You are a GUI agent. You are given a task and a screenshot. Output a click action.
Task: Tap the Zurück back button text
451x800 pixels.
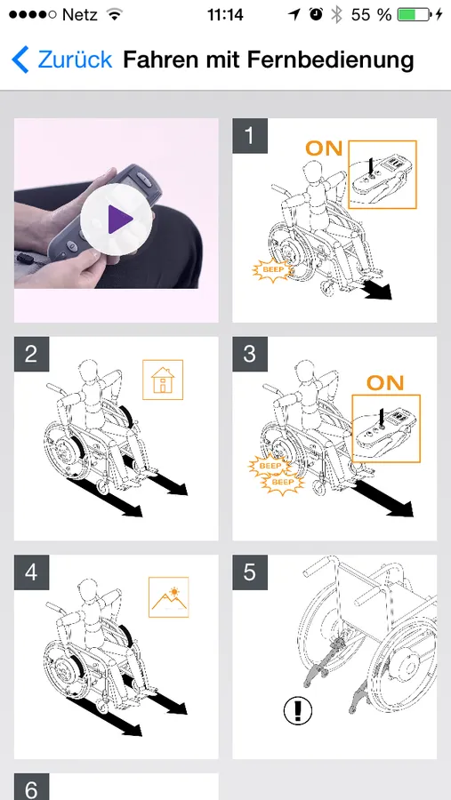75,60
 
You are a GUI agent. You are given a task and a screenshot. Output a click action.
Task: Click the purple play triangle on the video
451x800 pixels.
119,220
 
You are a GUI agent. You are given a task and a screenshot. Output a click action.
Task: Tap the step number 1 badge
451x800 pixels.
250,136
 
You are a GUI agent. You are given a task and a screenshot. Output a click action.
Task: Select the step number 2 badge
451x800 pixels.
31,354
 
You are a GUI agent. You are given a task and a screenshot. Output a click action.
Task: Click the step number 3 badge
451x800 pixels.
250,354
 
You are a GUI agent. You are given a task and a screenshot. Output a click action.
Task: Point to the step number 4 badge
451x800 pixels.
31,572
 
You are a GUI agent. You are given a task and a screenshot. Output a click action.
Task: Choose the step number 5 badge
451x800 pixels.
250,572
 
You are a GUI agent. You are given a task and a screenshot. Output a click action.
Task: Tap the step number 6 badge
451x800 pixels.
31,787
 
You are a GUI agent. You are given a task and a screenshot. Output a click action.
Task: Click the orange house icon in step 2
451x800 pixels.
163,380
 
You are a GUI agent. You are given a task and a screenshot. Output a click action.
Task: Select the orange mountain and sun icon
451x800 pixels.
168,597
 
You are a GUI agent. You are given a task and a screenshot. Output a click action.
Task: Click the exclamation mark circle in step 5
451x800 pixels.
298,710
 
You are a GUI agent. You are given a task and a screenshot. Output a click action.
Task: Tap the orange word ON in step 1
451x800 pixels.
324,148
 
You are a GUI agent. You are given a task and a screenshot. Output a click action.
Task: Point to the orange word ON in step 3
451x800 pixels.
385,382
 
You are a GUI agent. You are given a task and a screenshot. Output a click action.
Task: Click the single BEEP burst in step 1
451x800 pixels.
272,269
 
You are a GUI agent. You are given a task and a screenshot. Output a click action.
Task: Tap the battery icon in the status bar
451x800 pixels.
415,15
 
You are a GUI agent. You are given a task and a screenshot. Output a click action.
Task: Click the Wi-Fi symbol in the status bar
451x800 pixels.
115,15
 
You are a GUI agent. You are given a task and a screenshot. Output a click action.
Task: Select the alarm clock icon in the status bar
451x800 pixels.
316,15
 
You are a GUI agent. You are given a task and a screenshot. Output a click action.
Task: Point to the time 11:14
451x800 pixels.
225,15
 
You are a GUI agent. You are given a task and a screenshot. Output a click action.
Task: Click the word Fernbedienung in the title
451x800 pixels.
330,60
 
